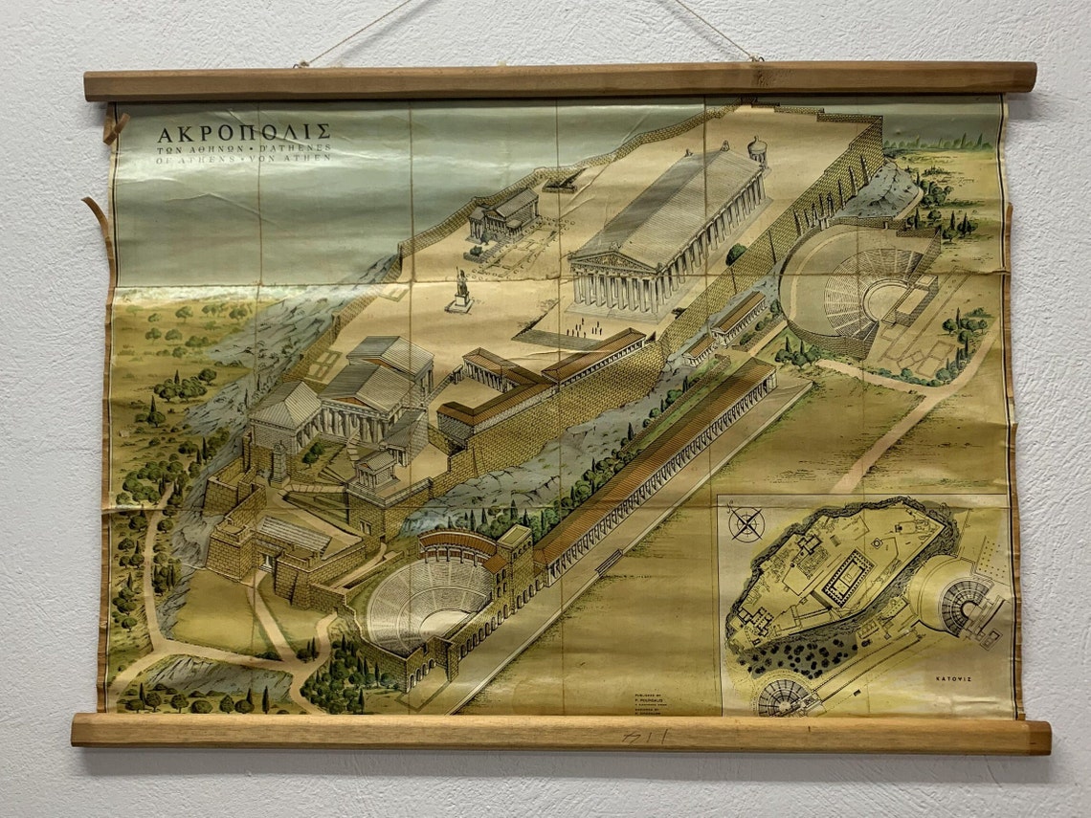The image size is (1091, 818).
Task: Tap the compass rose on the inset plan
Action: [x=746, y=523]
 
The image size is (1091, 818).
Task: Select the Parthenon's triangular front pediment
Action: [x=610, y=261]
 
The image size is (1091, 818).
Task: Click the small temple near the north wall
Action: [x=504, y=215]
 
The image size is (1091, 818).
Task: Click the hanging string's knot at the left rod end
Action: [x=301, y=65]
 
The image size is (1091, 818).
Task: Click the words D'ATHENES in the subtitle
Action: [x=297, y=148]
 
